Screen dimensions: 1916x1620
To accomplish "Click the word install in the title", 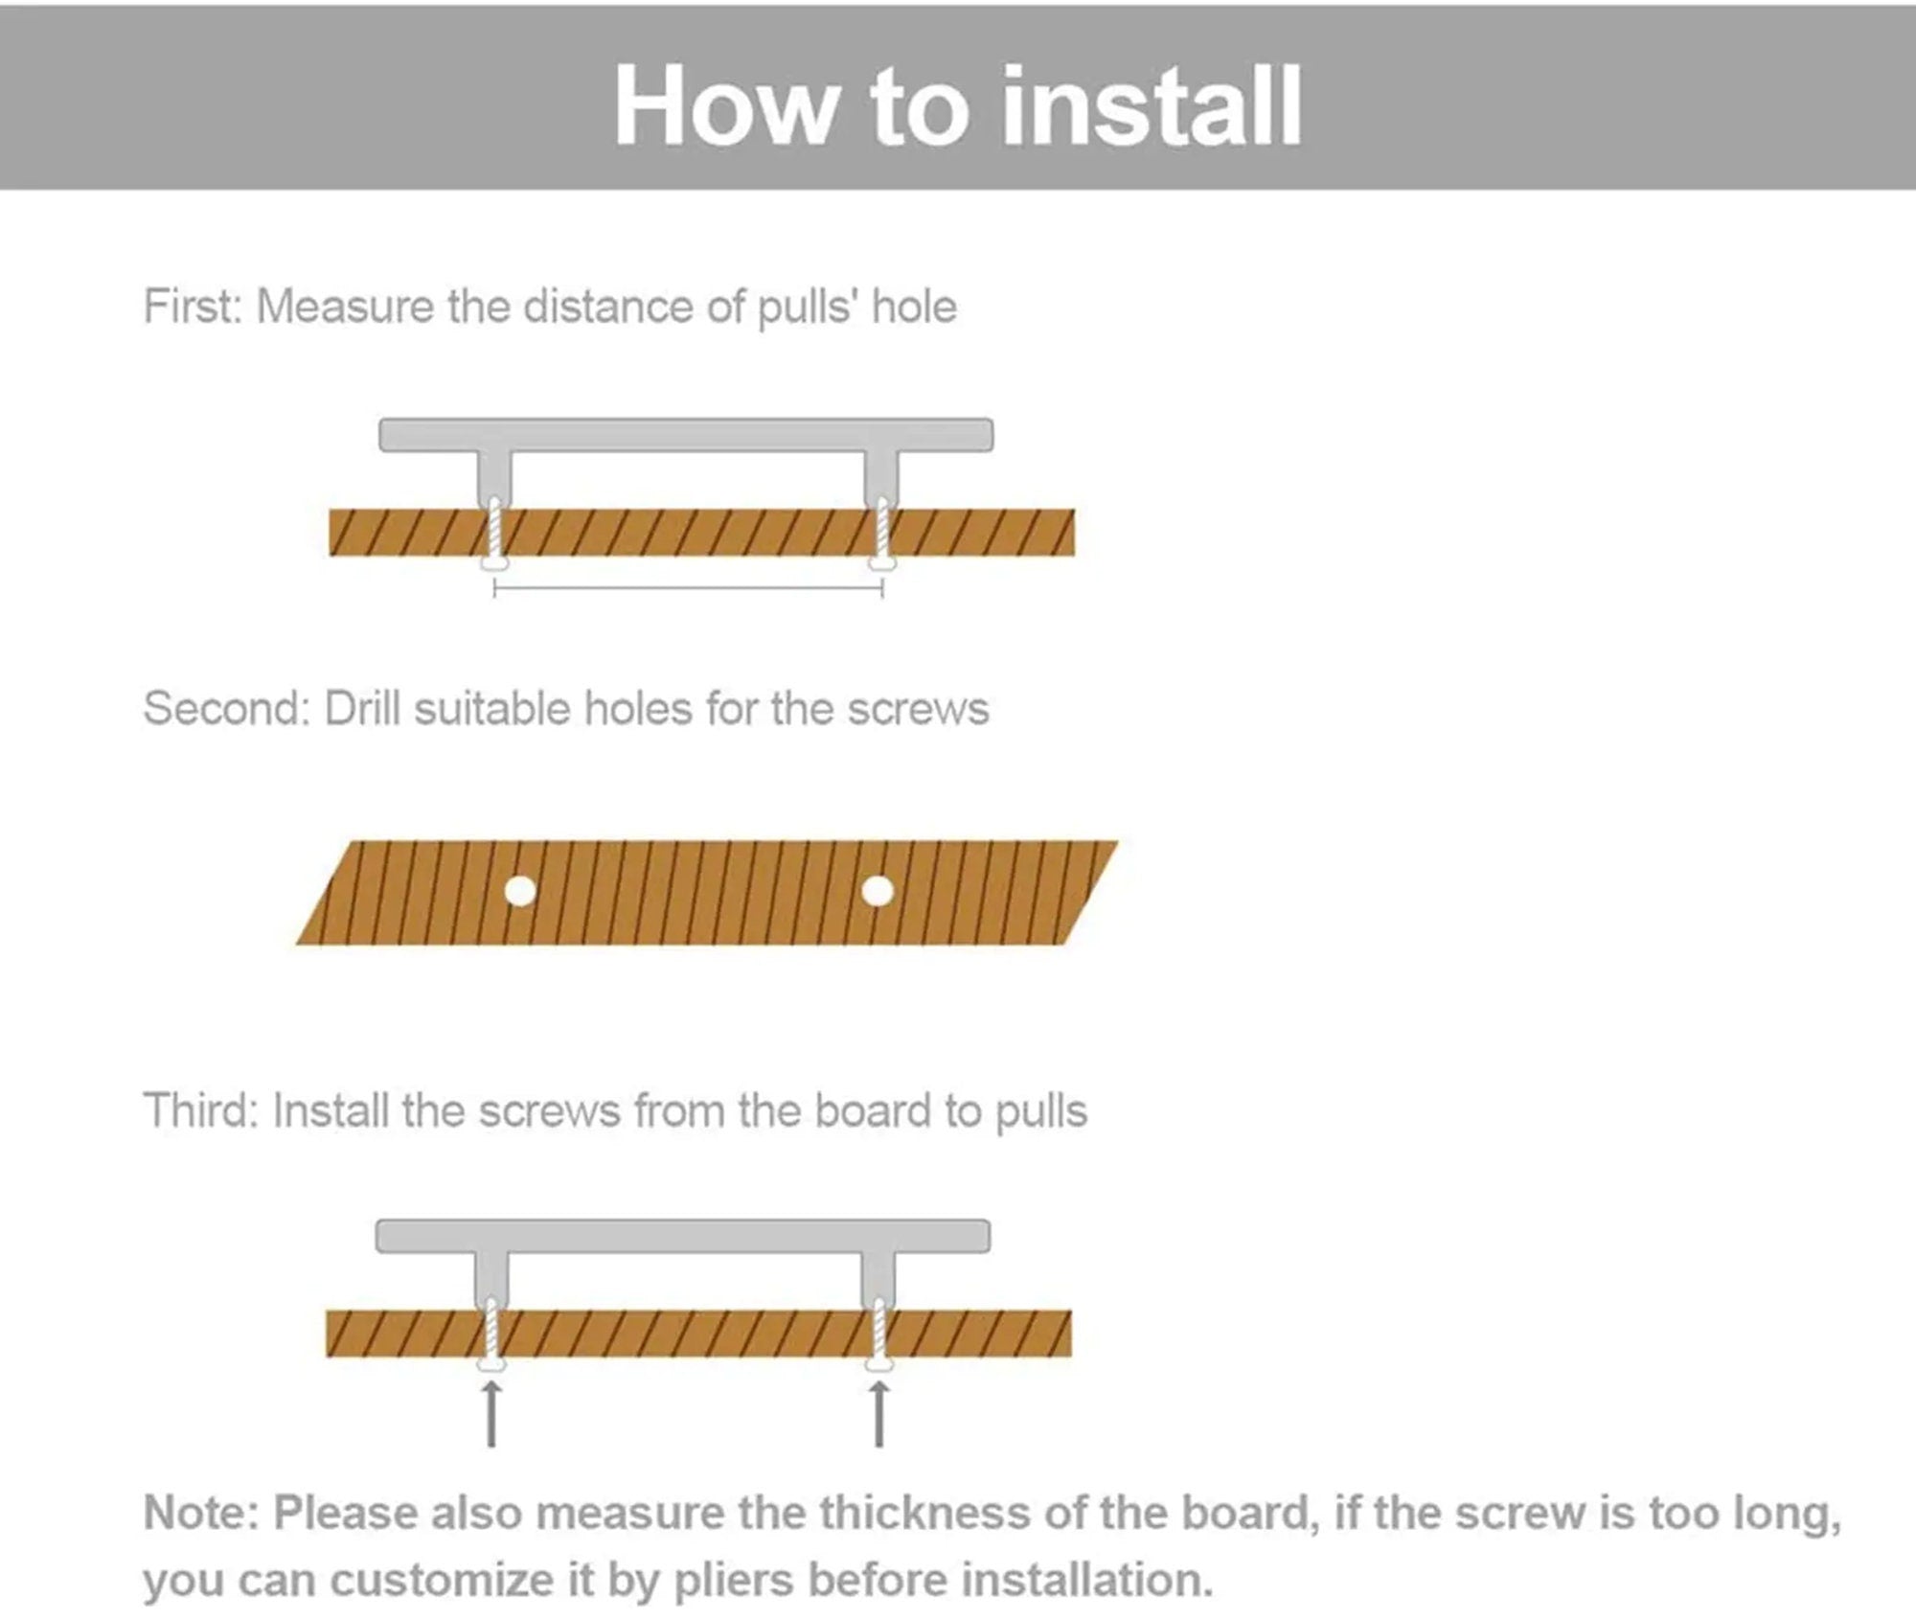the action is [1151, 104].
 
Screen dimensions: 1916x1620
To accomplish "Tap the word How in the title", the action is [724, 104].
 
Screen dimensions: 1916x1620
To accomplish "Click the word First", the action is [193, 307].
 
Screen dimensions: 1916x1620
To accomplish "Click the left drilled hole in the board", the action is [520, 892].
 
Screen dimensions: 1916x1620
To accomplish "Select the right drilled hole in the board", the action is [878, 892].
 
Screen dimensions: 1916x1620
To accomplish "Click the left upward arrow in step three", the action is [491, 1414].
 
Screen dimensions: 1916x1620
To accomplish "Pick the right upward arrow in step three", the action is [879, 1414].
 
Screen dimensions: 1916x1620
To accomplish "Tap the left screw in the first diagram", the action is [494, 535].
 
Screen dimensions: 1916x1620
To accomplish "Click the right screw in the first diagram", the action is [882, 535].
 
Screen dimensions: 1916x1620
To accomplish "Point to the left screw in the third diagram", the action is [491, 1335].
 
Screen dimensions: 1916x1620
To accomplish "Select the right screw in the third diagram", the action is [879, 1335].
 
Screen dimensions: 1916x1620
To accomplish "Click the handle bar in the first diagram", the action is [686, 435].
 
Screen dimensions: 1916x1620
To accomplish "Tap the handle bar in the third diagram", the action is [683, 1236].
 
